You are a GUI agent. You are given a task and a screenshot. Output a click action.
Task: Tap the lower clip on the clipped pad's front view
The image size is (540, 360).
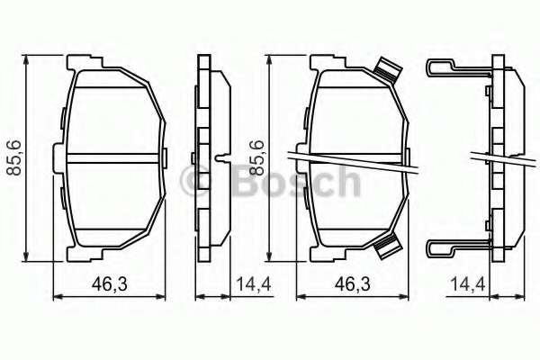[x=387, y=243]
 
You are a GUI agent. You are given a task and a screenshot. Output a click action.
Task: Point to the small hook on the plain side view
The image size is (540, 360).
[x=220, y=157]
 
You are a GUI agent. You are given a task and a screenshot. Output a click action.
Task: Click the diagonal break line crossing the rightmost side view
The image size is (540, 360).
[x=499, y=157]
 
